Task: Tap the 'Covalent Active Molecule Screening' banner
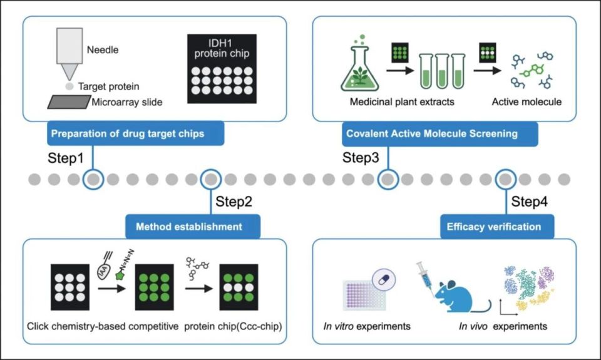pyautogui.click(x=431, y=133)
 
